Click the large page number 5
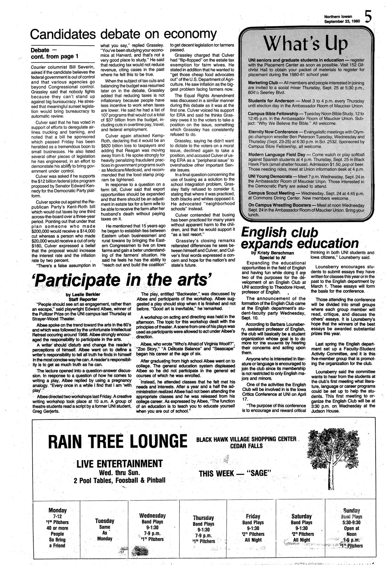368,16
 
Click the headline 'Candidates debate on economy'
122,34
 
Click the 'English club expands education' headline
300,238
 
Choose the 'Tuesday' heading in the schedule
105,521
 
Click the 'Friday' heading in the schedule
253,516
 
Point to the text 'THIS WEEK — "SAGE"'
235,474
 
